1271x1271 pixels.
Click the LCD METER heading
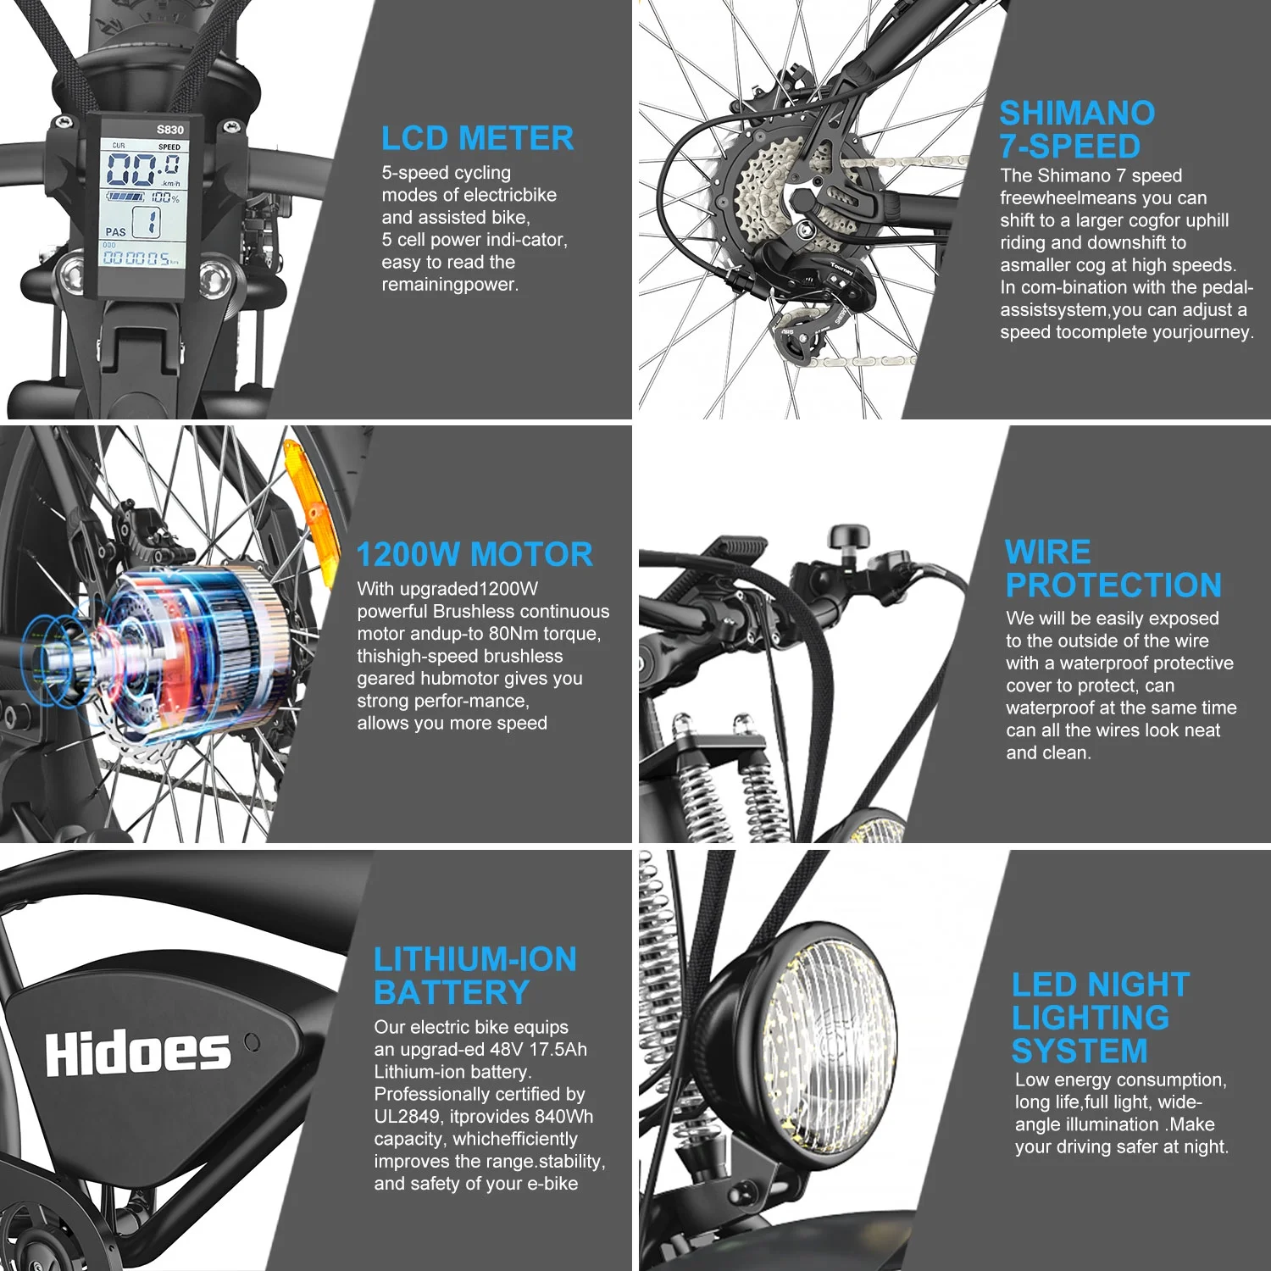click(477, 138)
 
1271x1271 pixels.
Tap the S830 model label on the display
click(169, 130)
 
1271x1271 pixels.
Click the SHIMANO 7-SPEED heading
click(1076, 130)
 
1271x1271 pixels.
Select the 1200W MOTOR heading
click(475, 555)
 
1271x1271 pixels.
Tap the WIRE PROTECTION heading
click(1113, 569)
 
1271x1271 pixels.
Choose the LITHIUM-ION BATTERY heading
click(475, 976)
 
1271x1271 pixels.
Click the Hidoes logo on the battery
click(137, 1053)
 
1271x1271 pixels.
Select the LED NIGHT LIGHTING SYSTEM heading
click(1100, 1017)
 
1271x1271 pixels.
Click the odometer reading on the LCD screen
click(138, 259)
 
